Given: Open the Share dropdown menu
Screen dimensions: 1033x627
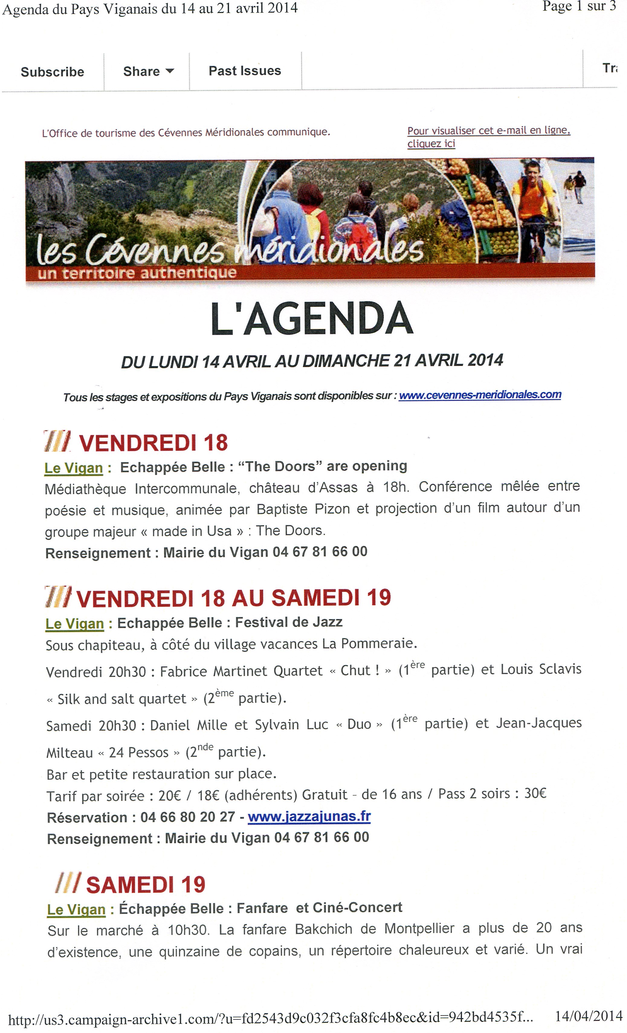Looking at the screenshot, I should click(148, 71).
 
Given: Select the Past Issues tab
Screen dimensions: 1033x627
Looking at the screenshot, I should click(245, 70).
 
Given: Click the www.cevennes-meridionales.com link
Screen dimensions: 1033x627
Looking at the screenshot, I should click(480, 395).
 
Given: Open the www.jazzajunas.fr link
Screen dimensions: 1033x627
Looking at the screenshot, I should click(309, 816).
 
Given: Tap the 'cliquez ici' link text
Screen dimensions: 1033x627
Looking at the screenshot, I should click(431, 144).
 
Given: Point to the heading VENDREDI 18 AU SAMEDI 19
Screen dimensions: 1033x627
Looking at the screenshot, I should click(233, 598).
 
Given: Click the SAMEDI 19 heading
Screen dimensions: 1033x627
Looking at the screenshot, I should click(146, 885).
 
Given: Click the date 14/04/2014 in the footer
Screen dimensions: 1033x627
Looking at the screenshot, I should click(588, 1015).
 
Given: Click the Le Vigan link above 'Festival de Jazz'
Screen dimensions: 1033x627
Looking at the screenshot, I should click(75, 624).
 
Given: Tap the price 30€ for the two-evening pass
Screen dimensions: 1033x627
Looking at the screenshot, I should click(535, 793).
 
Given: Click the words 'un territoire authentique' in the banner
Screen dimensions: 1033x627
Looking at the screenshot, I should click(137, 273).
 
